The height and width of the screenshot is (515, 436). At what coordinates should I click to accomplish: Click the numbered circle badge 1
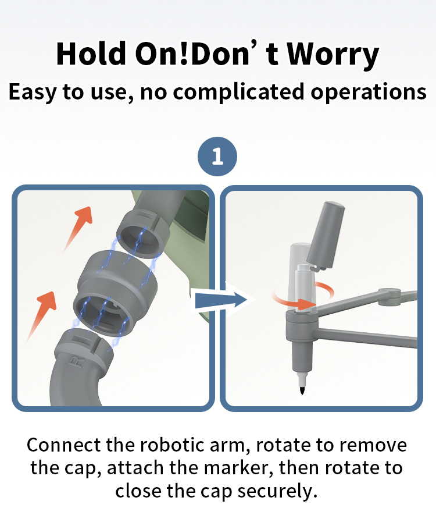[x=217, y=157]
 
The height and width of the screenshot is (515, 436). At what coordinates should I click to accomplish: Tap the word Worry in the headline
[x=333, y=54]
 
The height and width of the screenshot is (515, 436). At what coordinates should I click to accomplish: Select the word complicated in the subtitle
[x=238, y=91]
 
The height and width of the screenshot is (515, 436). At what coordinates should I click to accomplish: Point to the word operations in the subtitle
[x=369, y=92]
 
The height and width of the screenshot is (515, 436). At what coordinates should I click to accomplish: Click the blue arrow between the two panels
[x=221, y=300]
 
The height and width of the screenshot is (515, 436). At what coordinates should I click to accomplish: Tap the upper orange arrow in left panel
[x=78, y=229]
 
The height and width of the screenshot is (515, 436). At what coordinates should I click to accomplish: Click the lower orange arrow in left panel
[x=42, y=315]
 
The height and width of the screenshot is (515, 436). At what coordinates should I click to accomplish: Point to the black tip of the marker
[x=302, y=390]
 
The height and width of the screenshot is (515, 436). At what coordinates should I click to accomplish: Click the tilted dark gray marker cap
[x=326, y=235]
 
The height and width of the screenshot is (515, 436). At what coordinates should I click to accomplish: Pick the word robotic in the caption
[x=173, y=445]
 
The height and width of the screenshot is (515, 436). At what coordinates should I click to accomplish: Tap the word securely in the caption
[x=277, y=491]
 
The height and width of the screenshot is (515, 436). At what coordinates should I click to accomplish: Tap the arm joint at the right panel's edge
[x=390, y=297]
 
